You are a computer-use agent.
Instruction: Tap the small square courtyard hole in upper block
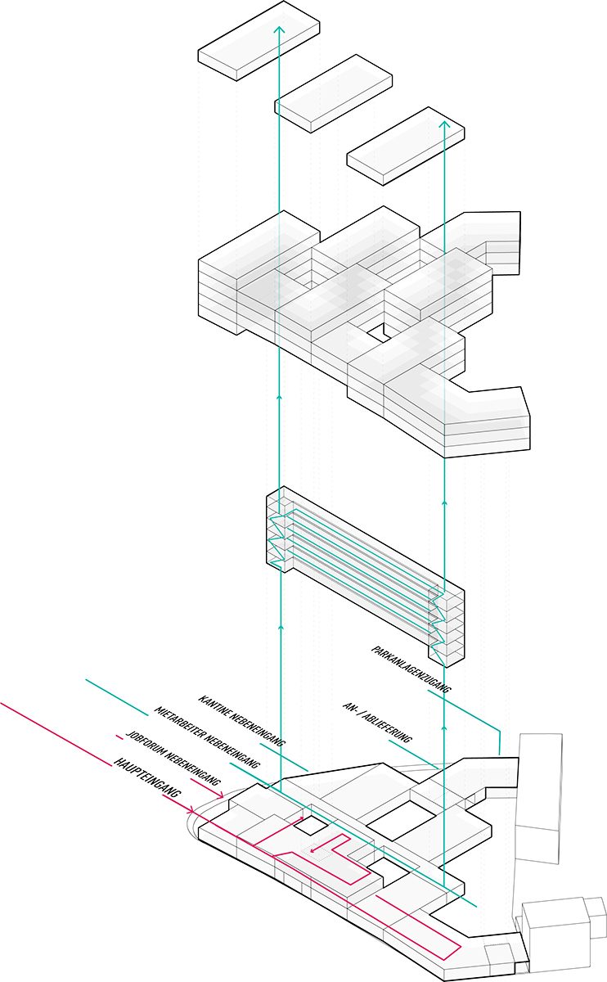tap(375, 331)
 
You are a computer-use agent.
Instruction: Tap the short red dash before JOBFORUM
tap(119, 733)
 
